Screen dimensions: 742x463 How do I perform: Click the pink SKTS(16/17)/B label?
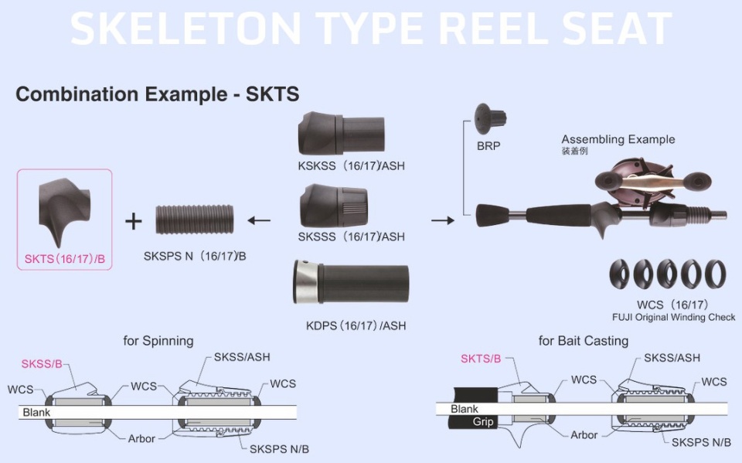pos(65,259)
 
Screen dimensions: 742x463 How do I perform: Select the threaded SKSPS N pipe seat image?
pos(195,220)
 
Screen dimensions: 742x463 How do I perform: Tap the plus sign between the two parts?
pos(134,221)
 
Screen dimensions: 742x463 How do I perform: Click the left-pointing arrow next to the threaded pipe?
pos(259,220)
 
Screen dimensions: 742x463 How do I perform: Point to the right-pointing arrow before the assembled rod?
pos(443,220)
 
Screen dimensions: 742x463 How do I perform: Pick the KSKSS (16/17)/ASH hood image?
pos(341,133)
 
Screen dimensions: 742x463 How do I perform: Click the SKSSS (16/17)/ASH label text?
pos(351,237)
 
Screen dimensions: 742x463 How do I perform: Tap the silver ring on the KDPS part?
pos(306,281)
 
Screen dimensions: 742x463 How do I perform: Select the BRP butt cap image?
pos(490,119)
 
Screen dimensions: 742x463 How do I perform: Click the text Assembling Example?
pos(618,140)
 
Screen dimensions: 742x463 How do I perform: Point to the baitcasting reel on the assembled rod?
pos(652,184)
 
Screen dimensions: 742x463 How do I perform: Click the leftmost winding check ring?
pos(619,274)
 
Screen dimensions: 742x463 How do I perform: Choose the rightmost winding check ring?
pos(715,274)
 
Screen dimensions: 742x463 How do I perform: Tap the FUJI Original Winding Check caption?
pos(673,317)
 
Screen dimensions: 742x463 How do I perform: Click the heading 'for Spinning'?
pos(158,341)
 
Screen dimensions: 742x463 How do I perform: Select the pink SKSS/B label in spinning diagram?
pos(42,364)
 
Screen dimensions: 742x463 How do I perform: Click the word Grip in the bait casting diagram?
pos(482,421)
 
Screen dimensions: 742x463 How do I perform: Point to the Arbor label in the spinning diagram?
pos(141,439)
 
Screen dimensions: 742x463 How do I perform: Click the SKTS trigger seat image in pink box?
pos(64,212)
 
